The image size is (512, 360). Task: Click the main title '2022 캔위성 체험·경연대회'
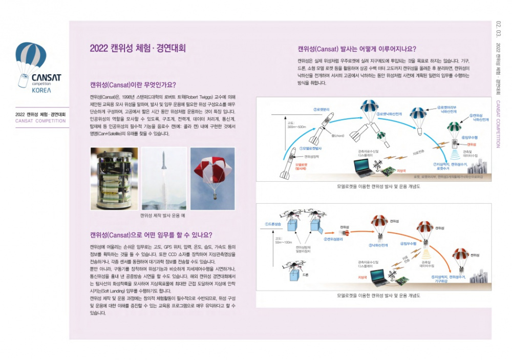click(137, 49)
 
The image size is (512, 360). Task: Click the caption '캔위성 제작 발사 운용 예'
click(162, 216)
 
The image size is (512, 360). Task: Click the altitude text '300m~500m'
click(296, 126)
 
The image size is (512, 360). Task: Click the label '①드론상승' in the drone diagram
click(274, 224)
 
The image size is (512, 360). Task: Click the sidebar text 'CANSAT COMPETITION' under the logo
click(40, 121)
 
